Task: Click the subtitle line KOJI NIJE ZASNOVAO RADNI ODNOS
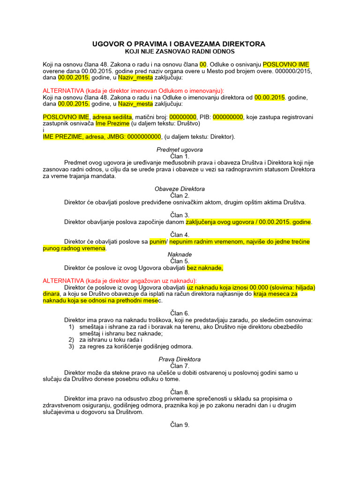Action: (x=180, y=52)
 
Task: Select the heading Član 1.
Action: (x=180, y=156)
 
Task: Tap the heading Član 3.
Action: (x=180, y=215)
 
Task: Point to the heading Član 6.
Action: (x=180, y=313)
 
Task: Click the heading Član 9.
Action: (x=180, y=425)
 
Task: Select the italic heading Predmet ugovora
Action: (x=180, y=150)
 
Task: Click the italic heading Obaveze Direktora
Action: (x=180, y=189)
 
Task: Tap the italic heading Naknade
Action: (x=180, y=255)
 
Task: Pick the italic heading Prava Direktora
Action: (x=180, y=360)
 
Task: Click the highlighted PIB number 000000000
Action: (x=228, y=117)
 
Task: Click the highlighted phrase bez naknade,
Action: (x=205, y=268)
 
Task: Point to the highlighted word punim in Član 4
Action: (x=157, y=241)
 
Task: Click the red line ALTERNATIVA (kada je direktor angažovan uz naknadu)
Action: (x=120, y=281)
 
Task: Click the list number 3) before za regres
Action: (x=72, y=347)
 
